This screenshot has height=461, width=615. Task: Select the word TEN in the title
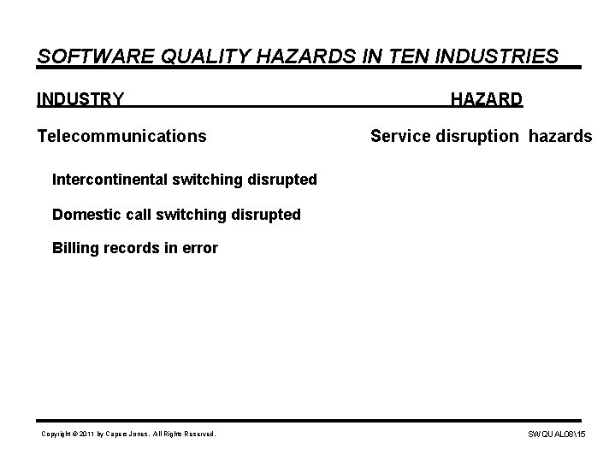[x=412, y=56]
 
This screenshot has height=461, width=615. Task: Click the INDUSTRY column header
[x=80, y=100]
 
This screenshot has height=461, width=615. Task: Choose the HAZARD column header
[x=487, y=100]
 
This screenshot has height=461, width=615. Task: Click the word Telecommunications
[x=121, y=135]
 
